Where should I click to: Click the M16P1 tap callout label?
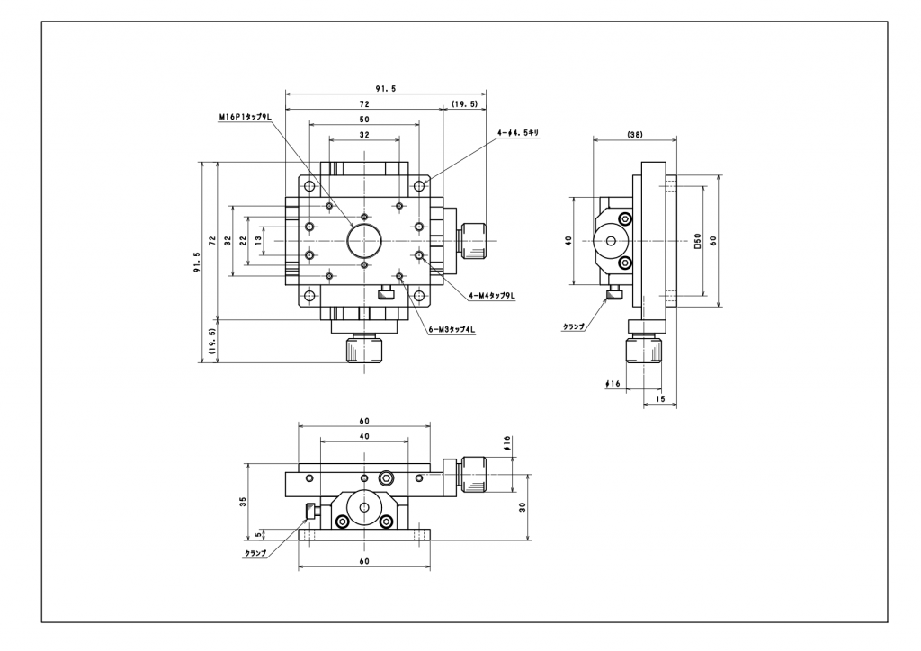[x=246, y=117]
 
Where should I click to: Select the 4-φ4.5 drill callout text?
[x=518, y=133]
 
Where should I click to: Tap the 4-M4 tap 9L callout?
[x=492, y=296]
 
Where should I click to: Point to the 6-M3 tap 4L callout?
[x=452, y=330]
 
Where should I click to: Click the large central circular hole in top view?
[x=364, y=241]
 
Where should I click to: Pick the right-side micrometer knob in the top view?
[x=474, y=241]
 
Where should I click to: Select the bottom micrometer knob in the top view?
[x=364, y=349]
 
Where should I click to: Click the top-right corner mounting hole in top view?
[x=419, y=186]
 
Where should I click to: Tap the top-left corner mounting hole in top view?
[x=309, y=186]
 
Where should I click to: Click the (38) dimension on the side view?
[x=635, y=134]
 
